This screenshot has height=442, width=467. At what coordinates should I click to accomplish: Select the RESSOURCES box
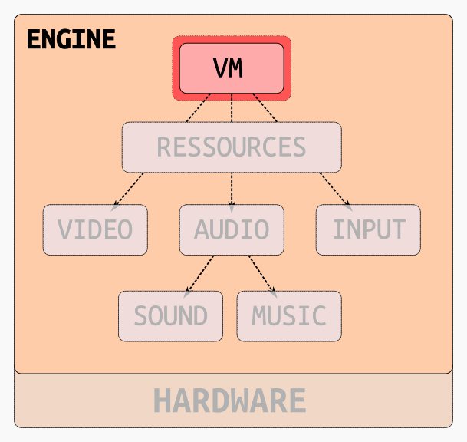click(x=232, y=147)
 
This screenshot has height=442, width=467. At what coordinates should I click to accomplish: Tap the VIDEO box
click(x=95, y=229)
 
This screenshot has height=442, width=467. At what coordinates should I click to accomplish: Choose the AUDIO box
click(x=232, y=229)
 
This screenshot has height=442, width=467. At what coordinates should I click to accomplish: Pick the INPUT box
click(x=368, y=229)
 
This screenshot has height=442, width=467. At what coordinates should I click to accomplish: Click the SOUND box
click(x=170, y=315)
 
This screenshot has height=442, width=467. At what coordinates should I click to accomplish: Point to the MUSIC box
click(x=289, y=315)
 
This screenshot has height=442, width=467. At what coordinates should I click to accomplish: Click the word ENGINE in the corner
click(x=71, y=39)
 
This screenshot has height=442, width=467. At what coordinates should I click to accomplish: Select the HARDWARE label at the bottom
click(x=230, y=401)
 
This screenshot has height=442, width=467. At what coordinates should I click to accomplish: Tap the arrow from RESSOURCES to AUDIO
click(x=232, y=189)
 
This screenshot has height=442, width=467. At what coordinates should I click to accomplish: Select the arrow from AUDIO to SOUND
click(x=200, y=273)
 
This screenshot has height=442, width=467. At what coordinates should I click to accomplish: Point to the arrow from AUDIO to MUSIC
click(x=261, y=273)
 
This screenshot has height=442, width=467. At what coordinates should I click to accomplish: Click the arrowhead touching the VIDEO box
click(x=115, y=206)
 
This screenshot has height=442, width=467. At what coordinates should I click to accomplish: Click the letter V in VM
click(x=221, y=68)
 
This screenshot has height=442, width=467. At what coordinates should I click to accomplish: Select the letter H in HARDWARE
click(x=162, y=401)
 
